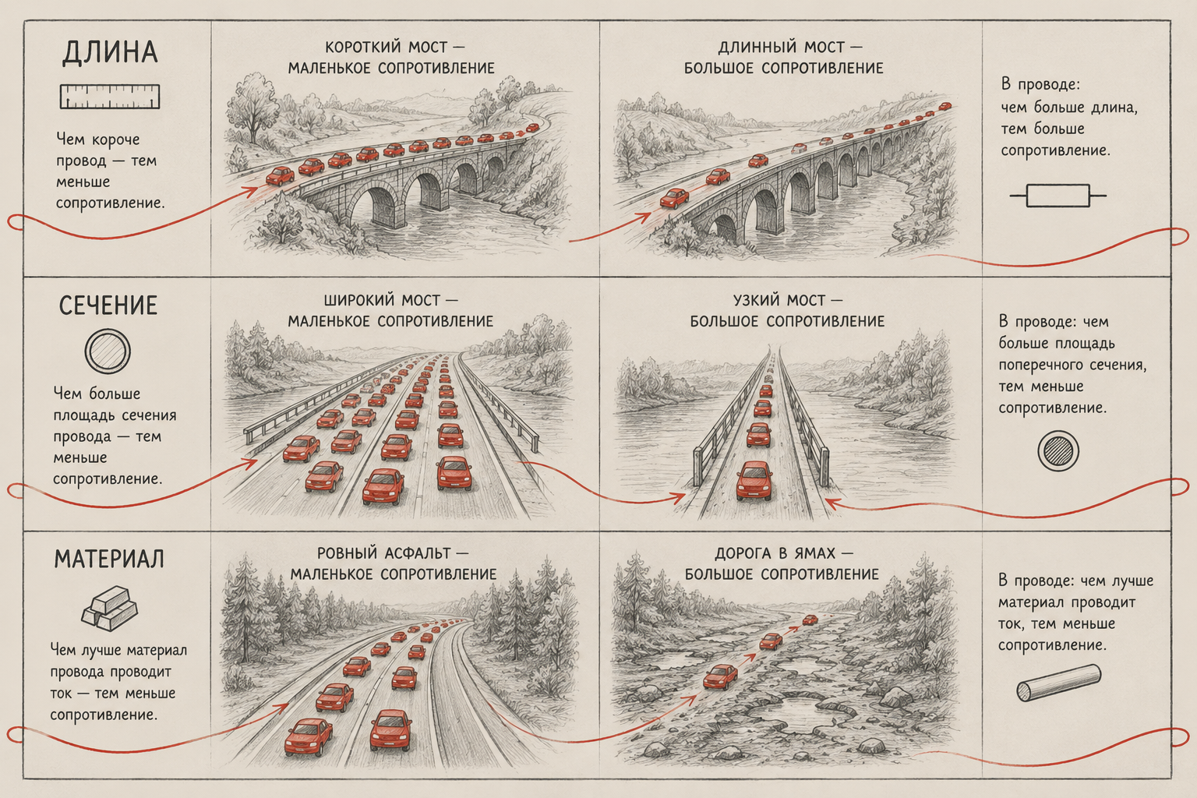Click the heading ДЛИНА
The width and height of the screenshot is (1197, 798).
coord(111,52)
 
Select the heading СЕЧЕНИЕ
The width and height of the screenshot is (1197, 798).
coord(108,305)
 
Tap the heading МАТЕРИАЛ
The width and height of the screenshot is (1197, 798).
coord(109,559)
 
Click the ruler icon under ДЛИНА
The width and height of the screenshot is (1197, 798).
coord(110,97)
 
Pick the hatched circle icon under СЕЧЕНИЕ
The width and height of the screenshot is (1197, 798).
coord(108,351)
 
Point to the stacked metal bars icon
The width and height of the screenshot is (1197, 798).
coord(110,611)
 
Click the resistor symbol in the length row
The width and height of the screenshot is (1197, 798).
coord(1058,196)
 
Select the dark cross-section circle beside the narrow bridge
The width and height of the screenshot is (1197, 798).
coord(1058,451)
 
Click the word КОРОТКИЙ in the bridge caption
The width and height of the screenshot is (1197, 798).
coord(363,48)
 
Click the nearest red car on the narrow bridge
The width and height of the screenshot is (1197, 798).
coord(754,482)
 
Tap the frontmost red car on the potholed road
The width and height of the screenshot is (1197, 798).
coord(720,676)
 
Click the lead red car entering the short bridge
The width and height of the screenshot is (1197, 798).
coord(280,175)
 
